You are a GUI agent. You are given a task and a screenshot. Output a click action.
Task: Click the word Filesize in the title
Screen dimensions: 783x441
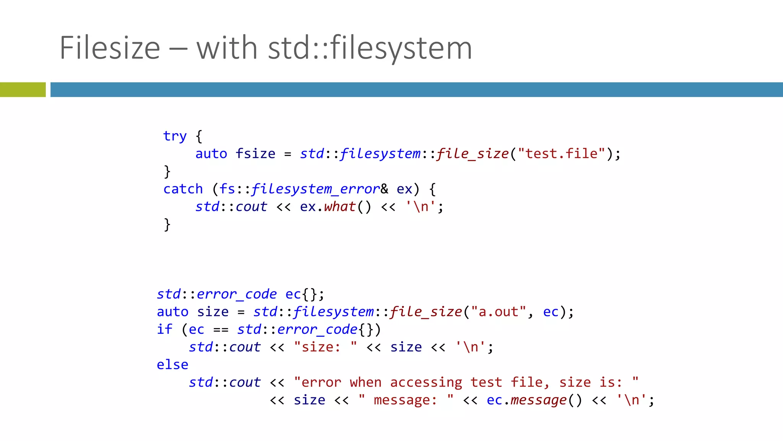coord(110,48)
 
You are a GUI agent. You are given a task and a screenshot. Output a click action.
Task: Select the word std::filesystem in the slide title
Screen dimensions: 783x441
coord(370,48)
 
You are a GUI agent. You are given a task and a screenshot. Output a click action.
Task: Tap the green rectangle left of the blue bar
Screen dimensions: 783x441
coord(23,90)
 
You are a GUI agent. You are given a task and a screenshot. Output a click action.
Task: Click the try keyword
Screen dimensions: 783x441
coord(175,136)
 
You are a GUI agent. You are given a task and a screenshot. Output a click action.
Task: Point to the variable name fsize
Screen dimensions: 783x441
coord(255,154)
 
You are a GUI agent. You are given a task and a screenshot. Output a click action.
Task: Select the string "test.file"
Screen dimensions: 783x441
coord(561,154)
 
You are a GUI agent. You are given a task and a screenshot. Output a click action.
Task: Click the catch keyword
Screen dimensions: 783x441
coord(183,189)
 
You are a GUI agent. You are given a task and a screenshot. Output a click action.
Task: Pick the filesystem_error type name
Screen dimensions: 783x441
coord(315,189)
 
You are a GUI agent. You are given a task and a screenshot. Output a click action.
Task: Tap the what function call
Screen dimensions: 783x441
coord(340,207)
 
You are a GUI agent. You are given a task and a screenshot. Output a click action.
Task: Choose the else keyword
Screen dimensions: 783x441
coord(172,364)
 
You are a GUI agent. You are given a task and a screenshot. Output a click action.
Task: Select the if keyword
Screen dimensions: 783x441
coord(164,329)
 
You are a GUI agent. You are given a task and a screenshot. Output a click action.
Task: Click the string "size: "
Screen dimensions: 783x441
coord(325,347)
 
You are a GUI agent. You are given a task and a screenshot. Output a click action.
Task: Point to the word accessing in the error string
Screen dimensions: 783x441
coord(426,382)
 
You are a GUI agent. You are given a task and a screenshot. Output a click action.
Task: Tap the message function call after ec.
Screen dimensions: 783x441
coord(538,400)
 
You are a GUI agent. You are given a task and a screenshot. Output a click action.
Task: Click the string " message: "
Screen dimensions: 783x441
coord(406,400)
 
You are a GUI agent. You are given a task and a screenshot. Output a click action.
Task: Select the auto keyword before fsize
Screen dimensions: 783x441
coord(211,154)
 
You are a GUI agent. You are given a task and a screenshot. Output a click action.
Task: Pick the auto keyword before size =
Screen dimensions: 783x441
coord(172,312)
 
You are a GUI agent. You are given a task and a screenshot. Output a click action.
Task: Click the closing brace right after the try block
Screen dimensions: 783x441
coord(167,171)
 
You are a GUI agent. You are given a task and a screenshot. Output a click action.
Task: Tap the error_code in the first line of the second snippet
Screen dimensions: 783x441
coord(237,294)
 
